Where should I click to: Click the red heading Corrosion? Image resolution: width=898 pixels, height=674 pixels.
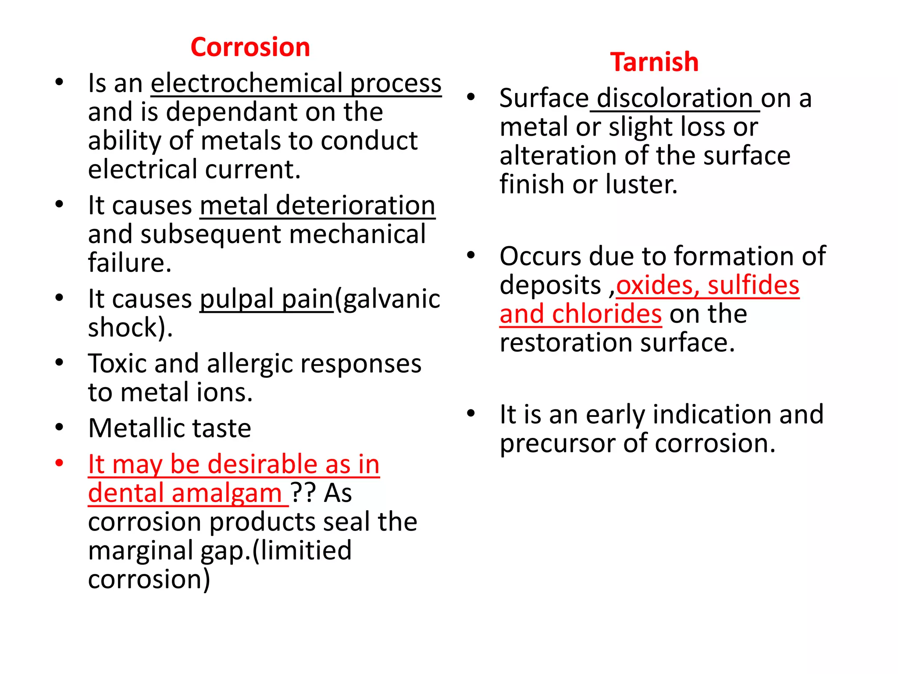point(250,47)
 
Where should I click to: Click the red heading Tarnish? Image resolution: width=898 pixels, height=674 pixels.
point(654,62)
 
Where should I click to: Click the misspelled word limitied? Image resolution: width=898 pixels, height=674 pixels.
point(307,551)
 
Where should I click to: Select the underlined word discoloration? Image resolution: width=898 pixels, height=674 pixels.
point(675,98)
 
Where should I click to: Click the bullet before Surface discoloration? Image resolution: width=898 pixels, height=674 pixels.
point(471,97)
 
